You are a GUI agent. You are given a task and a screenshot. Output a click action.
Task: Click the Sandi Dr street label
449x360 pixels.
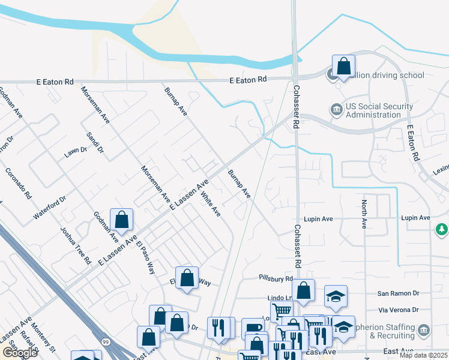(95, 142)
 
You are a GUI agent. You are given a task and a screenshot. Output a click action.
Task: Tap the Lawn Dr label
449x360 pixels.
(76, 152)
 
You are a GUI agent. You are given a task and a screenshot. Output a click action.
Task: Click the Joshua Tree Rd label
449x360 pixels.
(75, 245)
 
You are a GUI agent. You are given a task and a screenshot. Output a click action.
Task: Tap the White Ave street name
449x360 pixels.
(211, 205)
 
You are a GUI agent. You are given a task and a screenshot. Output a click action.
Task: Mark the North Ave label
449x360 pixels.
(364, 215)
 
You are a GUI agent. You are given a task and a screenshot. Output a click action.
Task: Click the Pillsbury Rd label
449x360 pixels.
(276, 278)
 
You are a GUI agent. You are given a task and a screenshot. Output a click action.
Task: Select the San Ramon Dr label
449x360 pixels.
(397, 293)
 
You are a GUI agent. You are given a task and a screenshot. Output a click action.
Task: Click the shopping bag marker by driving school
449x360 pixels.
(343, 66)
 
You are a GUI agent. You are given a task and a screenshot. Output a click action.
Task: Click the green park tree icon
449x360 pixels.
(442, 229)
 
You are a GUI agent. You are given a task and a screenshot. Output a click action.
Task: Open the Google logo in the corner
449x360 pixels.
(20, 353)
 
